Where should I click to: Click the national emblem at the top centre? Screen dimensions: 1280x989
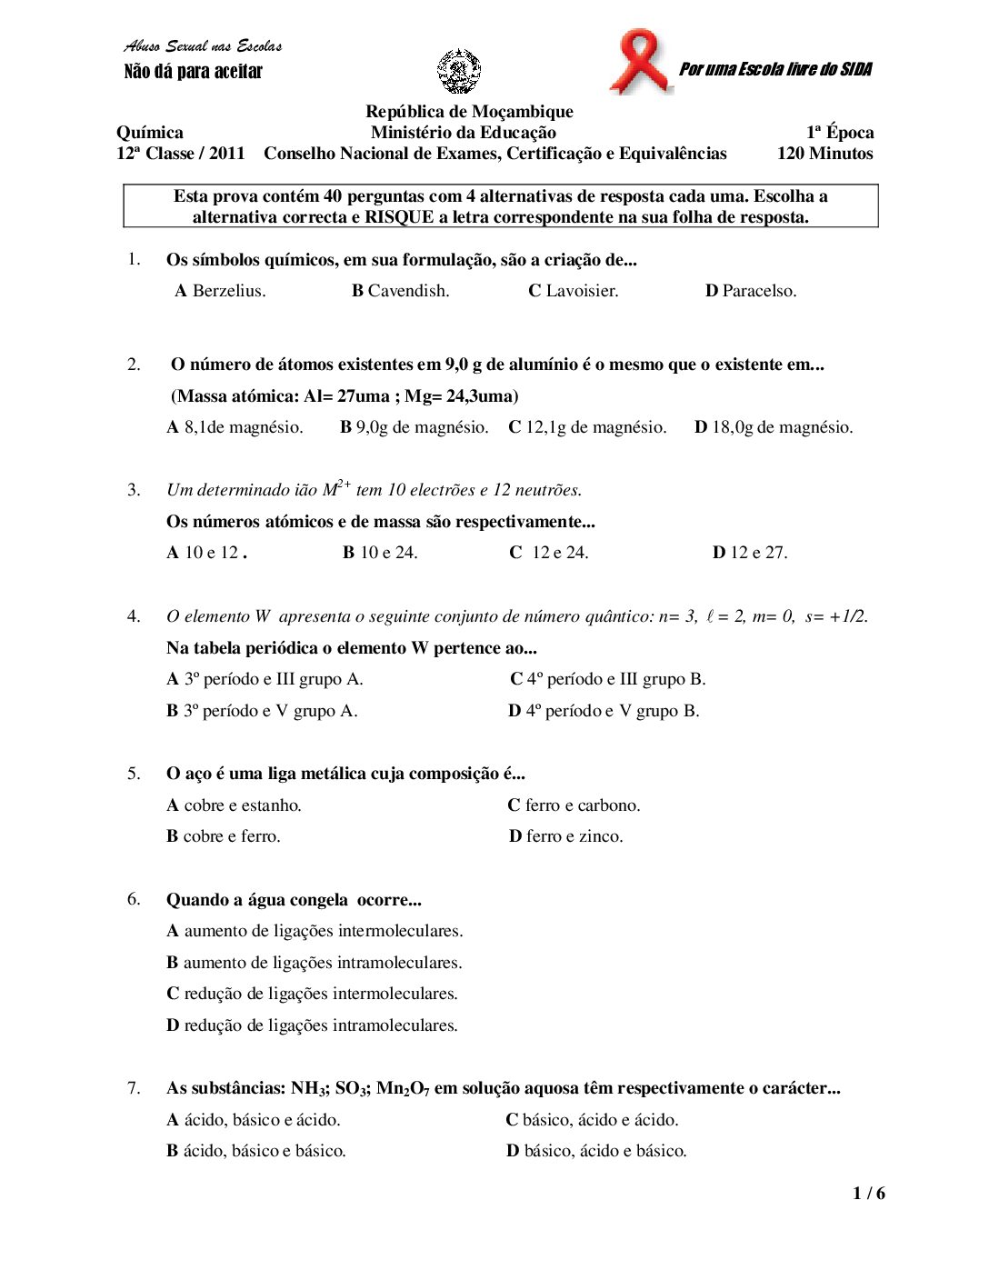coord(459,72)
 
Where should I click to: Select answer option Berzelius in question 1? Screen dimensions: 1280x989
coord(220,291)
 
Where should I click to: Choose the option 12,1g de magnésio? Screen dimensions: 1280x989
coord(587,427)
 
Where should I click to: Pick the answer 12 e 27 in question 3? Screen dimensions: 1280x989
coord(750,553)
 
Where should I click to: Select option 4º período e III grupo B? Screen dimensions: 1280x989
coord(607,679)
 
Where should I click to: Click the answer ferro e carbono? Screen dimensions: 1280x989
coord(574,805)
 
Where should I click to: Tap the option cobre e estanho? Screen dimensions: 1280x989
coord(234,805)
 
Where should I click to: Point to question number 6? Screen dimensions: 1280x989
coord(134,899)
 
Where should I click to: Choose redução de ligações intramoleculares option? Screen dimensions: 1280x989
coord(312,1025)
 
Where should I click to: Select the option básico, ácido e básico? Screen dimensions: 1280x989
coord(596,1151)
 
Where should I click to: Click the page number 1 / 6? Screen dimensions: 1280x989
coord(868,1194)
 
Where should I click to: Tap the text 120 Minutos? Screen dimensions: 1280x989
coord(824,154)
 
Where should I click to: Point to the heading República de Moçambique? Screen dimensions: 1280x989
coord(469,112)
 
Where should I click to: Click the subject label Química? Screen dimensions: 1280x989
coord(150,133)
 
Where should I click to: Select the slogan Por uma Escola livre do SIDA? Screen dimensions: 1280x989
coord(775,69)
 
